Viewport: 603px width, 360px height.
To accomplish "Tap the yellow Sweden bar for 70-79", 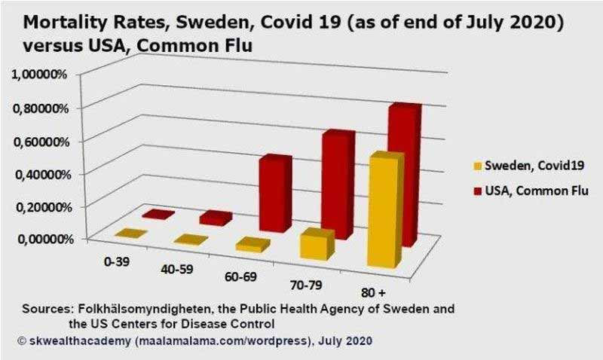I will (x=317, y=245).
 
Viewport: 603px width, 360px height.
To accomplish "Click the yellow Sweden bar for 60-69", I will (x=252, y=245).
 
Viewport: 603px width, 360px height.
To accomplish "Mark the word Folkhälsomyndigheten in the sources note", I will (x=136, y=310).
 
